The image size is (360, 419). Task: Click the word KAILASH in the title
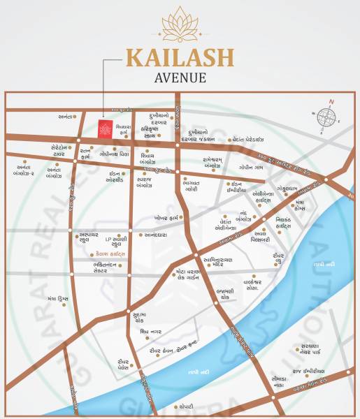pyautogui.click(x=180, y=59)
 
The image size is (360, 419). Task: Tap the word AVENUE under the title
pyautogui.click(x=180, y=78)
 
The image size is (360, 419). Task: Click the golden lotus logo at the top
pyautogui.click(x=180, y=27)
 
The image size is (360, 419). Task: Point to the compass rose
pyautogui.click(x=326, y=117)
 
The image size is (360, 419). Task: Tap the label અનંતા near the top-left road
pyautogui.click(x=66, y=117)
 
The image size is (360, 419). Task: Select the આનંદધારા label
pyautogui.click(x=160, y=235)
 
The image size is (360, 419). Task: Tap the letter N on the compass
pyautogui.click(x=331, y=103)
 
